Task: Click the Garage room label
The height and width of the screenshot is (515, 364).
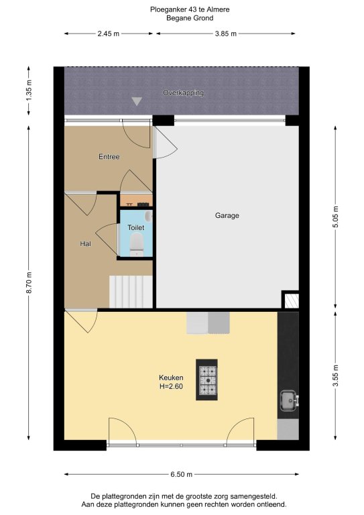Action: [x=227, y=215]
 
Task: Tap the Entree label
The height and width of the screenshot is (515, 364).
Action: [x=109, y=157]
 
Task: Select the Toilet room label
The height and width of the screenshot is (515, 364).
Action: [x=136, y=227]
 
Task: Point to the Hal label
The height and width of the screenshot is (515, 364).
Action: [x=85, y=243]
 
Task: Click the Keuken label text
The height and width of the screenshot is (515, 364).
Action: [x=171, y=378]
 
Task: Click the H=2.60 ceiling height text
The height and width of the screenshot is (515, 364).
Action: [x=171, y=386]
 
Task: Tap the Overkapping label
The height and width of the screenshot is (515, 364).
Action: [x=183, y=93]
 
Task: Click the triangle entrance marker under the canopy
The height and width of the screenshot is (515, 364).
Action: [x=137, y=101]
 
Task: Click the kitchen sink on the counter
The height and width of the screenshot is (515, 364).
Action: [x=289, y=400]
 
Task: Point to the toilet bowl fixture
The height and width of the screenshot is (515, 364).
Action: [x=136, y=244]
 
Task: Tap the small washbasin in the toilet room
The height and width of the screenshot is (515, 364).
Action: [x=149, y=216]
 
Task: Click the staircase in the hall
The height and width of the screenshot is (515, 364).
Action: [x=131, y=292]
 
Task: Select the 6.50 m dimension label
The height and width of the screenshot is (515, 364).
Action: [x=181, y=474]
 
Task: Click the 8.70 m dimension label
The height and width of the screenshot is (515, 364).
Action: [x=29, y=283]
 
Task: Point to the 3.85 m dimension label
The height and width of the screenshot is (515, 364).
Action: [x=226, y=34]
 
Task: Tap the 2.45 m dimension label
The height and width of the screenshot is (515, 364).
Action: [x=109, y=34]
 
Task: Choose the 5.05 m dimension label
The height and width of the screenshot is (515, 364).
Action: [x=335, y=217]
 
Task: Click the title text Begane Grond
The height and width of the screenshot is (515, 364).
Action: [x=190, y=18]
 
